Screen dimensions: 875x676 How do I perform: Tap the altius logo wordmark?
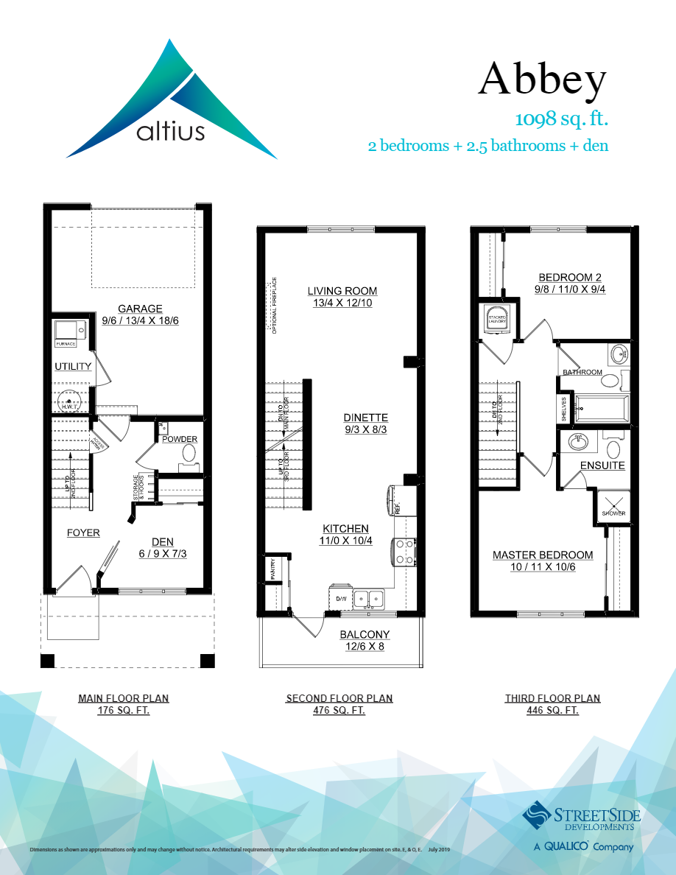171,133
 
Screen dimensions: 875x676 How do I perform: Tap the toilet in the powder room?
189,454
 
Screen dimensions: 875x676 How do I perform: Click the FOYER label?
83,533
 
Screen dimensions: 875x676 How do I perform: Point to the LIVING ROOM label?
342,291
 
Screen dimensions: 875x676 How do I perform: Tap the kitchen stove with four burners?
404,551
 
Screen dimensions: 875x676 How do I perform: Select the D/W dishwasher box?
341,598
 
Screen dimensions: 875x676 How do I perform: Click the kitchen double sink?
369,598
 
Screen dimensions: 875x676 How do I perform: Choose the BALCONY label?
365,635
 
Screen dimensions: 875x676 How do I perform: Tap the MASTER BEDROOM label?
543,555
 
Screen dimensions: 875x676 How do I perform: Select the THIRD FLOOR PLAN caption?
552,698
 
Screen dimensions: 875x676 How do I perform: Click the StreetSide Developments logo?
582,818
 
